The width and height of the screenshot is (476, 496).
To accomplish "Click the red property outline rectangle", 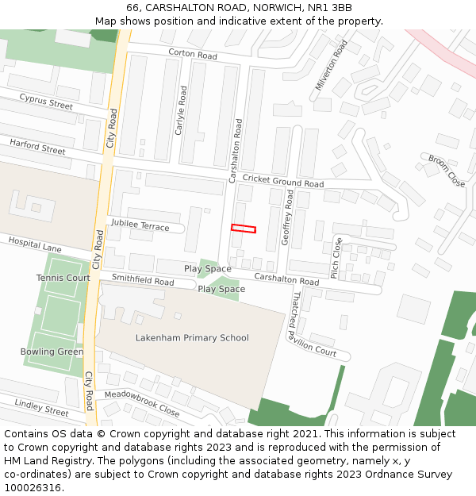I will coord(244,229).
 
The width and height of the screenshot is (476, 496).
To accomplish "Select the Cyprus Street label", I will coord(46,102).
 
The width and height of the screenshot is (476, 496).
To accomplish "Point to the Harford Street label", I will coord(37,147).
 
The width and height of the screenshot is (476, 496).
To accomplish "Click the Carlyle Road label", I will coord(180,110).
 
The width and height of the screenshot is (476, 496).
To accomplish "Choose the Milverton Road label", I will coord(332,65).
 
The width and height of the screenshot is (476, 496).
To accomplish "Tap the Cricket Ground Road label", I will coord(283,182).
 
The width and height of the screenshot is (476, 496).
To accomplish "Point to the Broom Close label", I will coord(447,171).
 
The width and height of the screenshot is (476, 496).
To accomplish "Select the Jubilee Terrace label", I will coord(140,226).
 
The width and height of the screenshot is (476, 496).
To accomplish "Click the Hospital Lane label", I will coord(35,245).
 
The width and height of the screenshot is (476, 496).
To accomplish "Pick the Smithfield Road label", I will coord(143,280).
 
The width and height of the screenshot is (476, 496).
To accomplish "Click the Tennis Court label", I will coord(63,278).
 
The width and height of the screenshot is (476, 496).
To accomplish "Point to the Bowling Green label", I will coord(52,352).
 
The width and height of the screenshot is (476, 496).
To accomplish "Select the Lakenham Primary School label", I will coord(192,338).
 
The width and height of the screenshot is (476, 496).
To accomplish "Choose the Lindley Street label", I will coord(41,408).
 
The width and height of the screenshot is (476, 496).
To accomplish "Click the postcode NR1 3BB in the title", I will coord(332,7).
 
